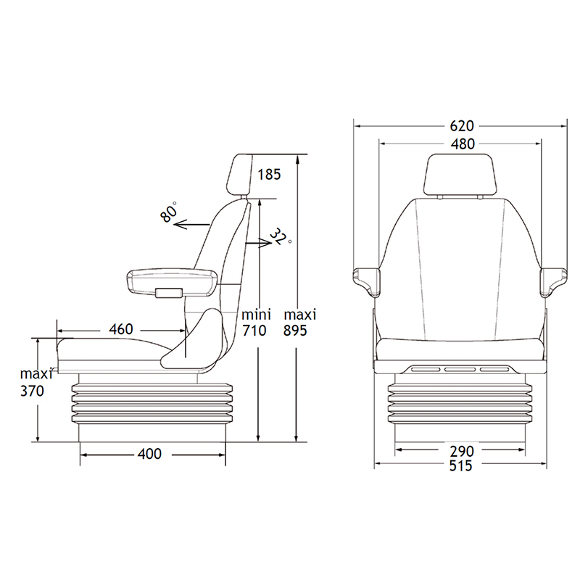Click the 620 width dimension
pyautogui.click(x=462, y=126)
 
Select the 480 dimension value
pyautogui.click(x=463, y=144)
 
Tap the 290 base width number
pyautogui.click(x=462, y=451)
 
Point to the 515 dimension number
pyautogui.click(x=461, y=465)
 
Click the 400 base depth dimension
pyautogui.click(x=149, y=454)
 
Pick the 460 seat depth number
pyautogui.click(x=121, y=329)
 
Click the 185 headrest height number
pyautogui.click(x=269, y=174)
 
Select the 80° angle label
pyautogui.click(x=169, y=212)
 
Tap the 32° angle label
pyautogui.click(x=281, y=237)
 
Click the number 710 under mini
pyautogui.click(x=254, y=331)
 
